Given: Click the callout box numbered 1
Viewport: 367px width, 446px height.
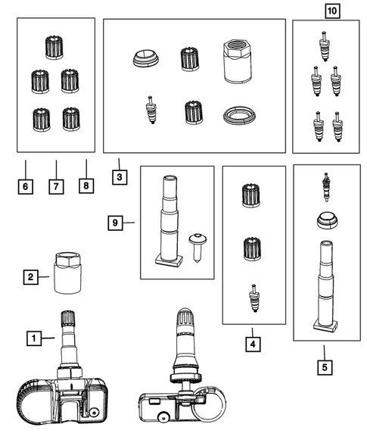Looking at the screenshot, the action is tap(34, 338).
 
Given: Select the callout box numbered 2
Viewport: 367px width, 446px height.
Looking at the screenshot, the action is tap(31, 276).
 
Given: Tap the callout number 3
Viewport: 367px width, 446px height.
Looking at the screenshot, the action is tap(120, 177).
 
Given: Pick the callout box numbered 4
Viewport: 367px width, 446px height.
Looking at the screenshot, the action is tap(253, 344).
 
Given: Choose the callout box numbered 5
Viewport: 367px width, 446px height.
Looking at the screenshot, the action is tap(325, 367).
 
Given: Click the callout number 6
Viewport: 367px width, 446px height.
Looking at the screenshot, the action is tap(25, 186).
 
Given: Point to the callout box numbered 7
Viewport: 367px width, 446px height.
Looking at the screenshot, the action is tap(56, 186).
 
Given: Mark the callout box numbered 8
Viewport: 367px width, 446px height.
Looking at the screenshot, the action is tap(86, 186).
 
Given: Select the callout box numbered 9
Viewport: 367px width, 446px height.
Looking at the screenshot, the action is tap(115, 223).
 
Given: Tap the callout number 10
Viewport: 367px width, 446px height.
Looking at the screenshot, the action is tap(332, 11).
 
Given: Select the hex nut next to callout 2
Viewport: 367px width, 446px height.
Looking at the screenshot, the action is tap(67, 273).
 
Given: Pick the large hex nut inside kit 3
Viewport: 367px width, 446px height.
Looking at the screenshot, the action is tap(238, 61).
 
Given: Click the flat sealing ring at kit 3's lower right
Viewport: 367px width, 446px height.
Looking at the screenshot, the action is tap(239, 116).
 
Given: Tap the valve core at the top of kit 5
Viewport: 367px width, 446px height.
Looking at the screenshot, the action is tap(326, 187).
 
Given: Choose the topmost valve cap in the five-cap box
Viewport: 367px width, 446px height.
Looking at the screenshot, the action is tap(54, 48).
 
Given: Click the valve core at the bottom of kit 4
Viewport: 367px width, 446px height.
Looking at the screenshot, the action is tap(255, 298).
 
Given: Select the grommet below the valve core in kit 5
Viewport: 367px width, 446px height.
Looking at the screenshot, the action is tap(327, 220).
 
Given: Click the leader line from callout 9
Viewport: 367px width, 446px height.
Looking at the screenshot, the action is tap(129, 223).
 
